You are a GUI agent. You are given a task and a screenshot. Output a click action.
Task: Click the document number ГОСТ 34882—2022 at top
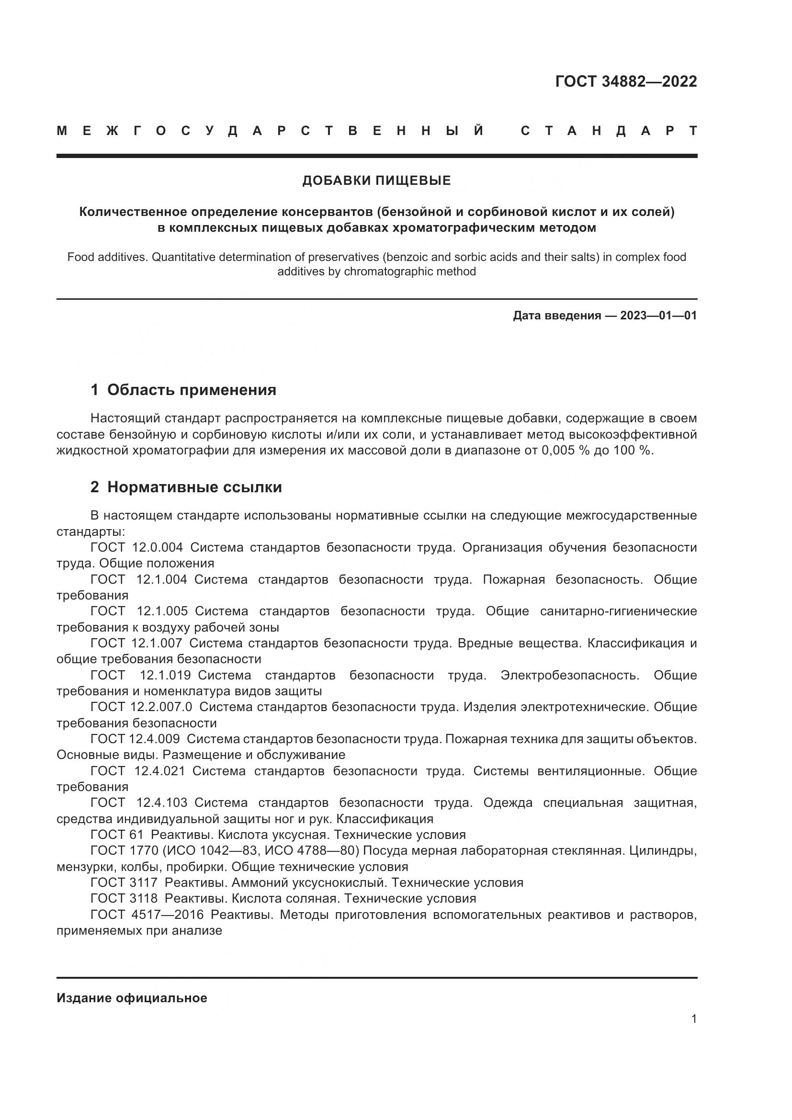click(626, 81)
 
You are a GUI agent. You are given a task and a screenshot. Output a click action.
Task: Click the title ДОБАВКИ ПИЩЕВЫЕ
click(376, 181)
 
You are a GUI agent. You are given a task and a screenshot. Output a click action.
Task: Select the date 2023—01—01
click(658, 316)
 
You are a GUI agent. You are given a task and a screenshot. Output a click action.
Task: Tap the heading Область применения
click(191, 390)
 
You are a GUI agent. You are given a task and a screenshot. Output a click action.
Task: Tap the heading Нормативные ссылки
click(194, 487)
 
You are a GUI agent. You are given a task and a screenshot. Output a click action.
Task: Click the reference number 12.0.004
click(158, 547)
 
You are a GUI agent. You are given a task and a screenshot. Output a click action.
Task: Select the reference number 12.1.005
click(162, 611)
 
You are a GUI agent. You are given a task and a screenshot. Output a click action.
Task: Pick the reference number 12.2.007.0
click(161, 707)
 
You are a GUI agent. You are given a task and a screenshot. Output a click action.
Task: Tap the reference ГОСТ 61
click(117, 835)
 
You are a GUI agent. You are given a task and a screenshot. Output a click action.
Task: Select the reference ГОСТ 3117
click(124, 882)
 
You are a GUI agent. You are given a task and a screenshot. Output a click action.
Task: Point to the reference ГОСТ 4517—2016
click(147, 915)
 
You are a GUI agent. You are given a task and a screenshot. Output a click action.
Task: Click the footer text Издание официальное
click(132, 998)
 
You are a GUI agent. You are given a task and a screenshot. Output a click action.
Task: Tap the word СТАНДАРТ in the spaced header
click(609, 131)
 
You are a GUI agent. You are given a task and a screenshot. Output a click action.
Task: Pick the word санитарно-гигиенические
click(618, 611)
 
